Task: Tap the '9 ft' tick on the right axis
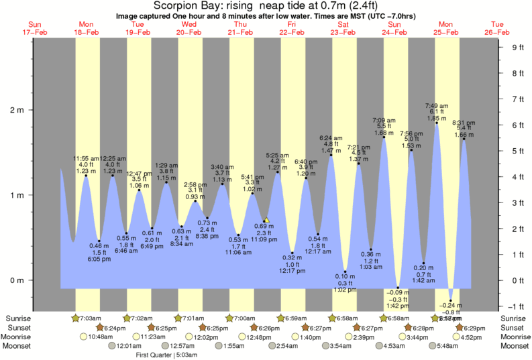pyautogui.click(x=517, y=47)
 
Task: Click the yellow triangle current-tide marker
pyautogui.click(x=266, y=219)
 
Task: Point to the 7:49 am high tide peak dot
pyautogui.click(x=437, y=123)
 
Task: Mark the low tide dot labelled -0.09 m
pyautogui.click(x=397, y=288)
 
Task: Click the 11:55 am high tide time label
pyautogui.click(x=86, y=158)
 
